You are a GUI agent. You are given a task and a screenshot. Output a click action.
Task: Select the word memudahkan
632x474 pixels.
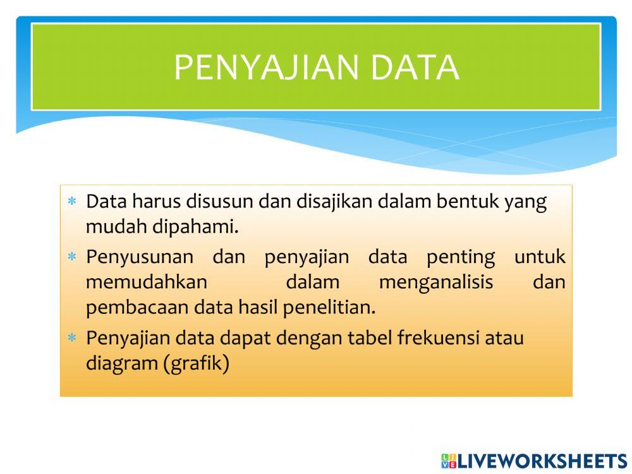[147, 282]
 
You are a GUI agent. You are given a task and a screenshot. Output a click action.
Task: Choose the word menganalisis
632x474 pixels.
[435, 282]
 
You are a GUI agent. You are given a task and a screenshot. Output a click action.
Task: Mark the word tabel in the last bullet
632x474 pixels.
[370, 338]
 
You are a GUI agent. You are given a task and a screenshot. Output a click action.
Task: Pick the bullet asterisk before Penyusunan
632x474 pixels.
[72, 257]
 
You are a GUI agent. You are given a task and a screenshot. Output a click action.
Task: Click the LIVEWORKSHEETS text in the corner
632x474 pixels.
[542, 461]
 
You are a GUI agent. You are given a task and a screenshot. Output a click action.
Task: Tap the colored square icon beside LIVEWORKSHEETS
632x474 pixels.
[449, 461]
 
